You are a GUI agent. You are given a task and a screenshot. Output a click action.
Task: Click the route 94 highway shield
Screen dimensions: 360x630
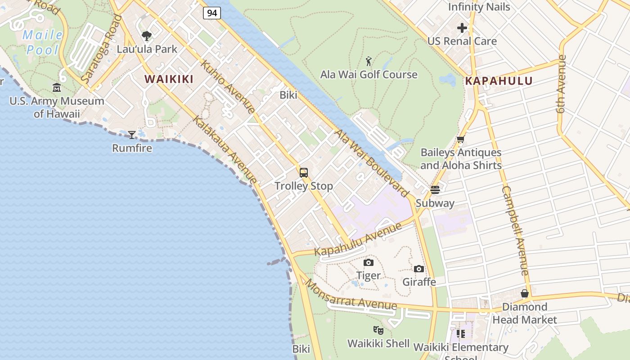click(x=211, y=13)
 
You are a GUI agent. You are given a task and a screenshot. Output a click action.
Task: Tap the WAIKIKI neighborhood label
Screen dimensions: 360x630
click(x=169, y=79)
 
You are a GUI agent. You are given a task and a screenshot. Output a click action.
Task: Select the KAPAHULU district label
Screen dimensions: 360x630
click(x=499, y=81)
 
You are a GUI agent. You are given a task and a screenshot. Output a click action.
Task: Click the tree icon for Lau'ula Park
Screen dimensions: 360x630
click(x=146, y=36)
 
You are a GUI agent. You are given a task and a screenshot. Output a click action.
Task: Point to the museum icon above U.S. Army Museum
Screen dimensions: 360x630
click(x=57, y=87)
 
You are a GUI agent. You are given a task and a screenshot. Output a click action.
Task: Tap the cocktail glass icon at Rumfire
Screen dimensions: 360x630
click(x=131, y=135)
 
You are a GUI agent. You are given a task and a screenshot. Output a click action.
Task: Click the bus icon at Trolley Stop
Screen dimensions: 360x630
click(x=304, y=172)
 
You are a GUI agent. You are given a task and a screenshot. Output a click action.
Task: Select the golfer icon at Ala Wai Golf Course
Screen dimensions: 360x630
click(x=369, y=61)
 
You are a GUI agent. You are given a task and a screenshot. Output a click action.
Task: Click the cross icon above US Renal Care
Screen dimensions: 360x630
click(x=462, y=28)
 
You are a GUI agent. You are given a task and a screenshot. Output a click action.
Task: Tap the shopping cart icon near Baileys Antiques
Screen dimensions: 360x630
click(x=460, y=140)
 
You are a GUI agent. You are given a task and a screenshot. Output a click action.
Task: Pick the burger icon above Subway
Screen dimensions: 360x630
click(x=435, y=190)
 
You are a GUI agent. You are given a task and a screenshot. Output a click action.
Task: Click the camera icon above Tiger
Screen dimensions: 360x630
click(x=368, y=262)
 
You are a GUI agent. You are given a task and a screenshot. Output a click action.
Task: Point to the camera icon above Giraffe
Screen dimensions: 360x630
click(x=419, y=269)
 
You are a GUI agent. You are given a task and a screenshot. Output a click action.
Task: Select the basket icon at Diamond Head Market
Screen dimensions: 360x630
click(x=525, y=293)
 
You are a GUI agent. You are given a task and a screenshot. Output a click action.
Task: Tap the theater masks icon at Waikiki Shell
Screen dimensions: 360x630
click(x=378, y=331)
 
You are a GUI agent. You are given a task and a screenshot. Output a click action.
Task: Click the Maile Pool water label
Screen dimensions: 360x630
click(x=43, y=42)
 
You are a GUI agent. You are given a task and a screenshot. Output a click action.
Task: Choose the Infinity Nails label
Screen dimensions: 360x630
click(x=479, y=7)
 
